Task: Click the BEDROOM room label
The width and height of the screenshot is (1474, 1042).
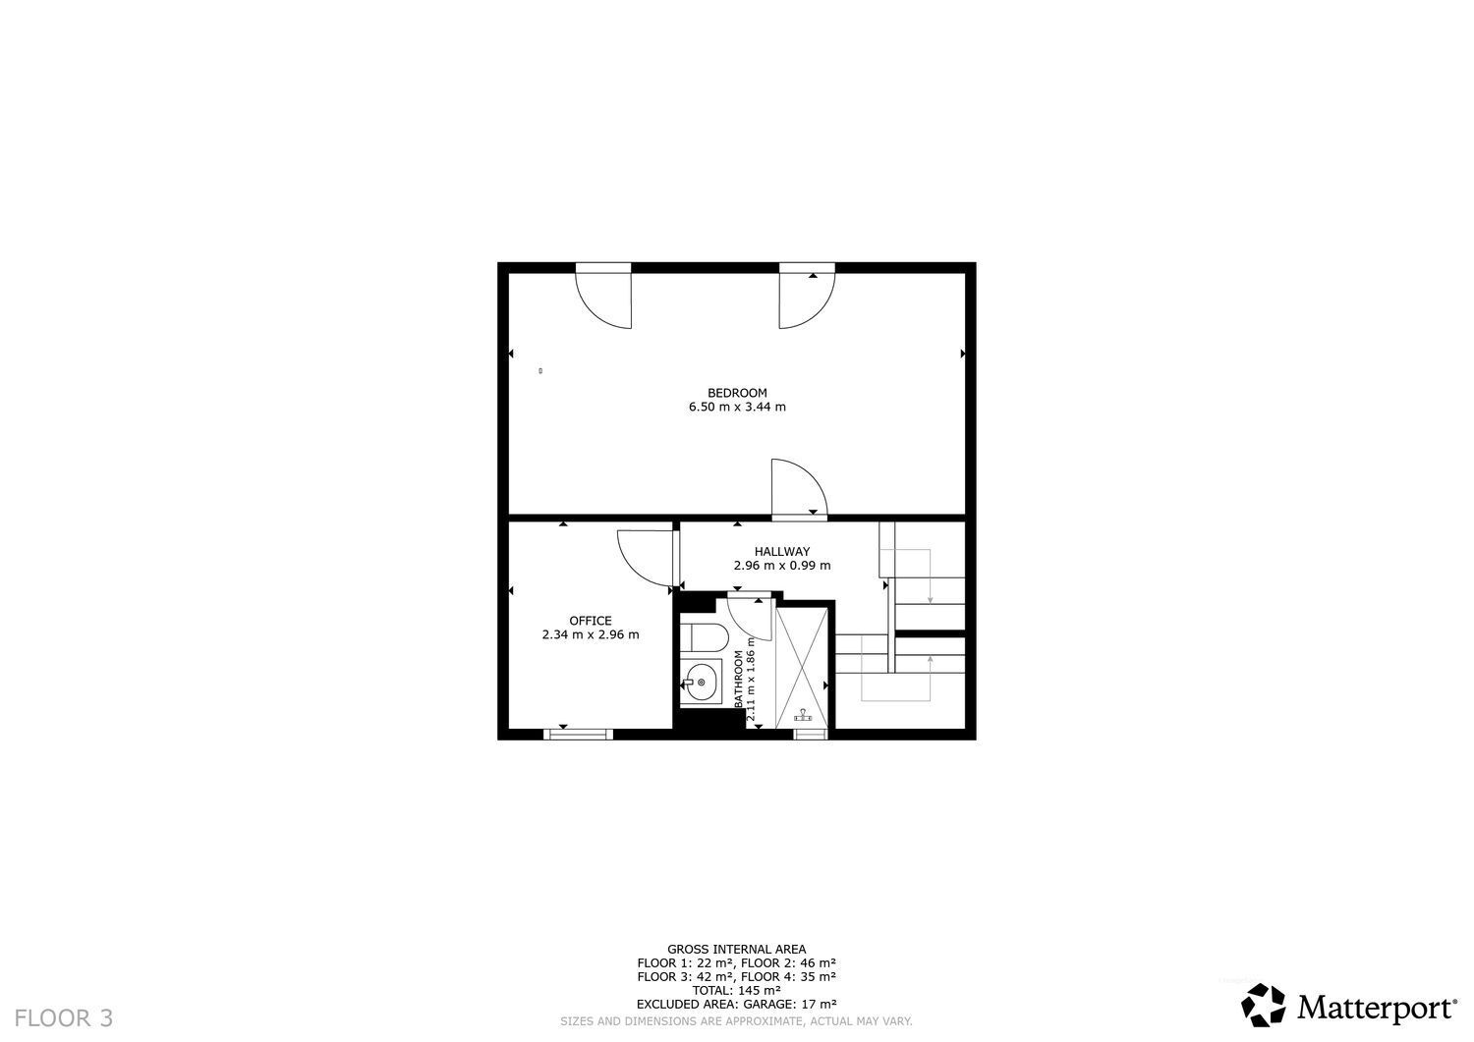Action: click(737, 393)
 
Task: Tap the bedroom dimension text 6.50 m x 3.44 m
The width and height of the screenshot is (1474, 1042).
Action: click(737, 407)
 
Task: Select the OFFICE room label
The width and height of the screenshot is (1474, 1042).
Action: click(591, 621)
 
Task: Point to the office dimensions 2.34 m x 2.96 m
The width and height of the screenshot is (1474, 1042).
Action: click(591, 634)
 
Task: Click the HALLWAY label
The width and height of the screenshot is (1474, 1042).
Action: click(782, 551)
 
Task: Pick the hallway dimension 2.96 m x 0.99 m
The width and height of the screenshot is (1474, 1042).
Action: click(782, 565)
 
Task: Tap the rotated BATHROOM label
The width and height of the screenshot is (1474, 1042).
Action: click(738, 679)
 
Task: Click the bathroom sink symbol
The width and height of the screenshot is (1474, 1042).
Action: click(700, 682)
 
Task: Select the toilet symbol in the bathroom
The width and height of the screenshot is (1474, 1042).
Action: click(705, 636)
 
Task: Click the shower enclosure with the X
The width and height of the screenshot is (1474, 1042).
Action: click(802, 669)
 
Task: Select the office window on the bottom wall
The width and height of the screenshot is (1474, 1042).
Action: click(579, 735)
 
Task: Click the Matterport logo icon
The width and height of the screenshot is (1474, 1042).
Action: click(1263, 1005)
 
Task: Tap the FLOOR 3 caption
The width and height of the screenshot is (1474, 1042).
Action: click(64, 1018)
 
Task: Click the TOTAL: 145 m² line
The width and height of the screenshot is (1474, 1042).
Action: click(736, 990)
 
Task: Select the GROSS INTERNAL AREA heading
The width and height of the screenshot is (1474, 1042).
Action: click(736, 950)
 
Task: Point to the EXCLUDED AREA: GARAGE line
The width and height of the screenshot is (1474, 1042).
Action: click(736, 1004)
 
